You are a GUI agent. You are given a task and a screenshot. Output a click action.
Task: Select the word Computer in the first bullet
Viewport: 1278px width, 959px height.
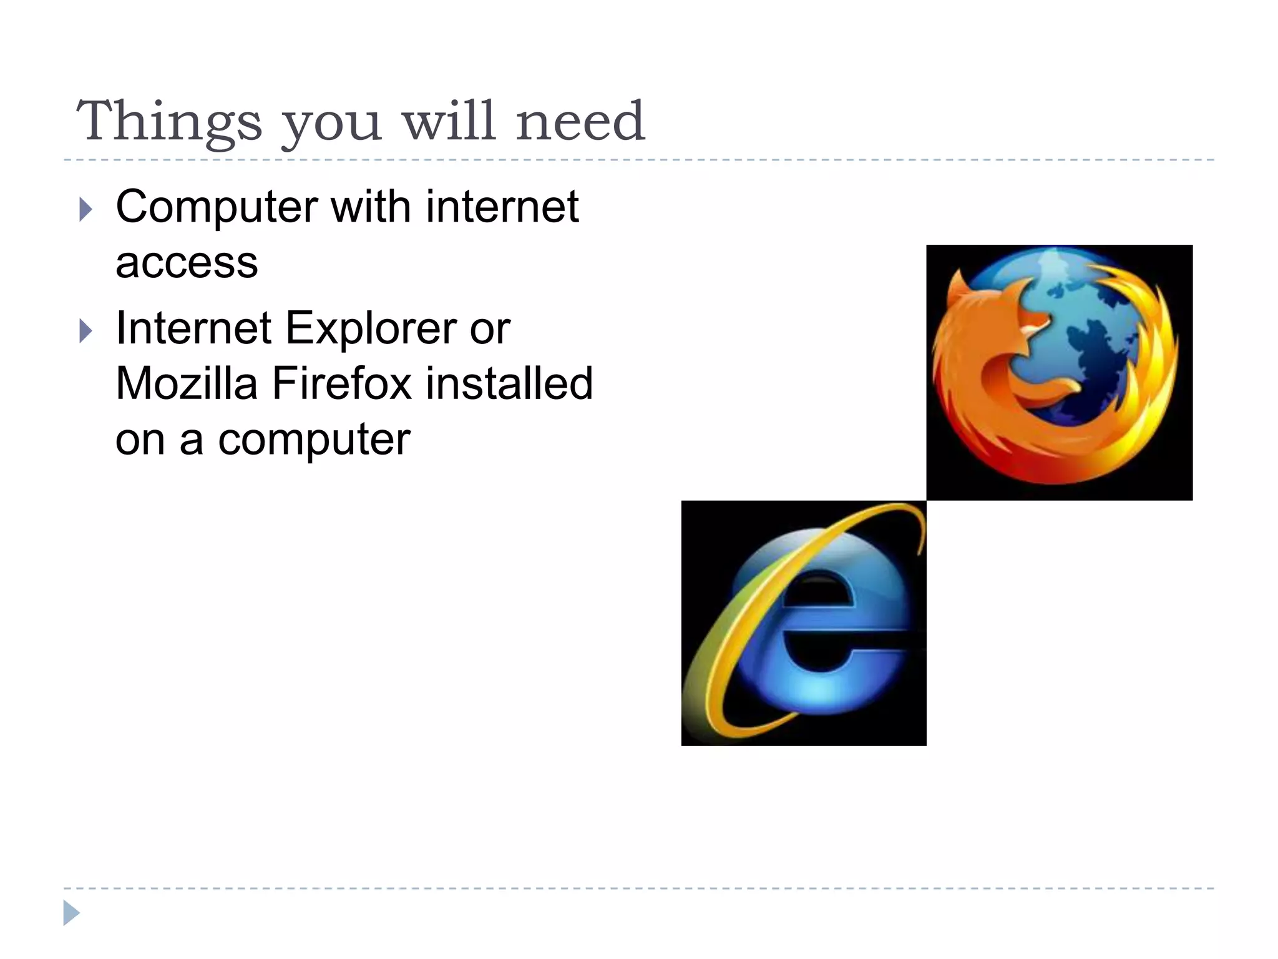217,207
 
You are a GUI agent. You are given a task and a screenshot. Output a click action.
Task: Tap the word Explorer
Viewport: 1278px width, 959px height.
371,328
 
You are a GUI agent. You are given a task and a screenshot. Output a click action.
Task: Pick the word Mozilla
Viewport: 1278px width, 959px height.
187,383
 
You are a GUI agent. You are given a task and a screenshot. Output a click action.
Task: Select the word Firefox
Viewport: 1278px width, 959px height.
341,383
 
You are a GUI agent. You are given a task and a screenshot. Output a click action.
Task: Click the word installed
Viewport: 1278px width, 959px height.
509,383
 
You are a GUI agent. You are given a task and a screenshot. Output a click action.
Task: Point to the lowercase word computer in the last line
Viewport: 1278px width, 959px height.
314,440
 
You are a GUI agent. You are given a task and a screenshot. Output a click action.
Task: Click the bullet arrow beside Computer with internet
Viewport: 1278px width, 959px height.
86,210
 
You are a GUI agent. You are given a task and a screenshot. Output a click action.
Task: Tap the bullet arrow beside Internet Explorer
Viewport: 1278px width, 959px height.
86,331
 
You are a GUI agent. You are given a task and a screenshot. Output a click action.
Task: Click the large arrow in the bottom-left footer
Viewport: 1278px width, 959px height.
71,913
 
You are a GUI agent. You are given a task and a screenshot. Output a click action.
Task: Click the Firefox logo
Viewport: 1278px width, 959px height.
1059,373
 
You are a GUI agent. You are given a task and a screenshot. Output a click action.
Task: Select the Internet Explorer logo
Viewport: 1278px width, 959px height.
804,623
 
